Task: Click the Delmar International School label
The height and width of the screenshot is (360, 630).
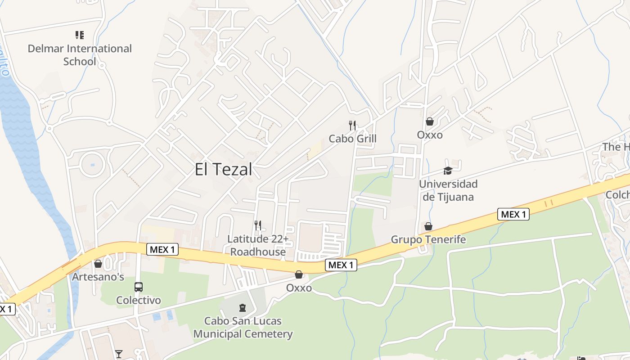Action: pyautogui.click(x=80, y=55)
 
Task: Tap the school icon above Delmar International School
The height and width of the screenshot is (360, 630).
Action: pyautogui.click(x=80, y=35)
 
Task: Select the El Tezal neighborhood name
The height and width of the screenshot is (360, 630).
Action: pyautogui.click(x=224, y=170)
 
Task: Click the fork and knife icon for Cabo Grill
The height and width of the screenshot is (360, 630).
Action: pyautogui.click(x=352, y=125)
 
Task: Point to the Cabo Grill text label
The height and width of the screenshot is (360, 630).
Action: pyautogui.click(x=352, y=139)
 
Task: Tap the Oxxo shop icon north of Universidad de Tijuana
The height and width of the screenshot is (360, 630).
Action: pyautogui.click(x=430, y=121)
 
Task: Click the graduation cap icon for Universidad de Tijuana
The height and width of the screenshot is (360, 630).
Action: pyautogui.click(x=448, y=171)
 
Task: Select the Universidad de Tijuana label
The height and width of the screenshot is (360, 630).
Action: pyautogui.click(x=448, y=190)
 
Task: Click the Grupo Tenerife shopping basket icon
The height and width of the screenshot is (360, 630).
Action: pyautogui.click(x=428, y=226)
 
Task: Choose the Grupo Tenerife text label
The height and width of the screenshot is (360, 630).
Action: pyautogui.click(x=428, y=239)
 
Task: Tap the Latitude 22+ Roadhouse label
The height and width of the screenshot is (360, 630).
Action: pyautogui.click(x=258, y=245)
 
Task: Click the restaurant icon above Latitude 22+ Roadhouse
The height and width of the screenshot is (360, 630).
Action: pyautogui.click(x=258, y=225)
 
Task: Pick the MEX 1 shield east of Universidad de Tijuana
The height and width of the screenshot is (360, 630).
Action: pyautogui.click(x=513, y=214)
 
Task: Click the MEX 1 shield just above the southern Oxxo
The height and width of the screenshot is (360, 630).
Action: pyautogui.click(x=341, y=265)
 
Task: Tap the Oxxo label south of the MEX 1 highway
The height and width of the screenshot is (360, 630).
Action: pyautogui.click(x=299, y=288)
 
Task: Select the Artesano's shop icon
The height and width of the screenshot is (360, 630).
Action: pyautogui.click(x=98, y=264)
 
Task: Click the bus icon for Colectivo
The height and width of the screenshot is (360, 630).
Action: pyautogui.click(x=139, y=287)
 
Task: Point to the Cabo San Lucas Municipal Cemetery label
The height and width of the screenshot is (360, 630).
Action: pyautogui.click(x=243, y=328)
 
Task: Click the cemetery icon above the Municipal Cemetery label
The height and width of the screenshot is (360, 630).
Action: pyautogui.click(x=243, y=308)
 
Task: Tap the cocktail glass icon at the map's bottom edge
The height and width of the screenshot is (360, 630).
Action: pyautogui.click(x=119, y=354)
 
